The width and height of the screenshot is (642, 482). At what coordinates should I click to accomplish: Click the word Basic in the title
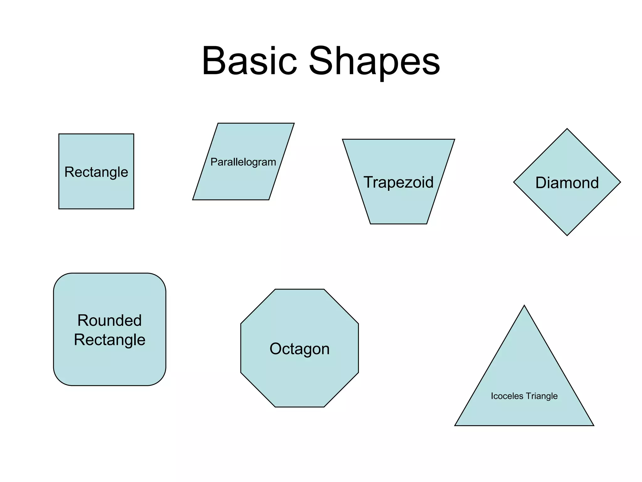249,61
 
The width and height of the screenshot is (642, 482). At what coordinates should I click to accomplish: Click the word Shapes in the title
374,61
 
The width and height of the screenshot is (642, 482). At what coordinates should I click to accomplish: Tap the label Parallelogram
243,162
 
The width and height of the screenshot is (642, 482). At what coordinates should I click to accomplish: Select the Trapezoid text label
398,182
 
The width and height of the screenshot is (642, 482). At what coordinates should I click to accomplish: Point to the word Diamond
567,183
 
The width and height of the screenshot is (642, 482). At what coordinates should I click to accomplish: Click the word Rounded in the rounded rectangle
109,320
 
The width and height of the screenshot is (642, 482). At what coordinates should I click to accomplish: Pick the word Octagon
299,349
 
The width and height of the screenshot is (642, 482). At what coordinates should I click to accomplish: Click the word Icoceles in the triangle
507,396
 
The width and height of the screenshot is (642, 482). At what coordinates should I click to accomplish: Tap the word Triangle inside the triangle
542,396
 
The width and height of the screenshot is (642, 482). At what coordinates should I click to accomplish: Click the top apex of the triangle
524,305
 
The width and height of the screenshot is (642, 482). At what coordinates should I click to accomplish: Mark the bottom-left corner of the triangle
455,425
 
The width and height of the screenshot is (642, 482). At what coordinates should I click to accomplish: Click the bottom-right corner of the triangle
593,425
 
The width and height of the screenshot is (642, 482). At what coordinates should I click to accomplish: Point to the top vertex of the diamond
567,129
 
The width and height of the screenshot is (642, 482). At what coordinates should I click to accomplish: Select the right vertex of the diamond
620,182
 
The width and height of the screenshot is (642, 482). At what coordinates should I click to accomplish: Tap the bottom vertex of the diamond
567,235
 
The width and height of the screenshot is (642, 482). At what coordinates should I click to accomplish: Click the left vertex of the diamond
514,182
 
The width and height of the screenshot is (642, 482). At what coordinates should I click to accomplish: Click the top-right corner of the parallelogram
294,123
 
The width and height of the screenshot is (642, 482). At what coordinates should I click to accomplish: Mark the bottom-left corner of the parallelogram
193,200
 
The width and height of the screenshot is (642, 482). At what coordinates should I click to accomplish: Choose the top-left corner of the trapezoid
343,139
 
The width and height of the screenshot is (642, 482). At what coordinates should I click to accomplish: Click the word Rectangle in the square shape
96,172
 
